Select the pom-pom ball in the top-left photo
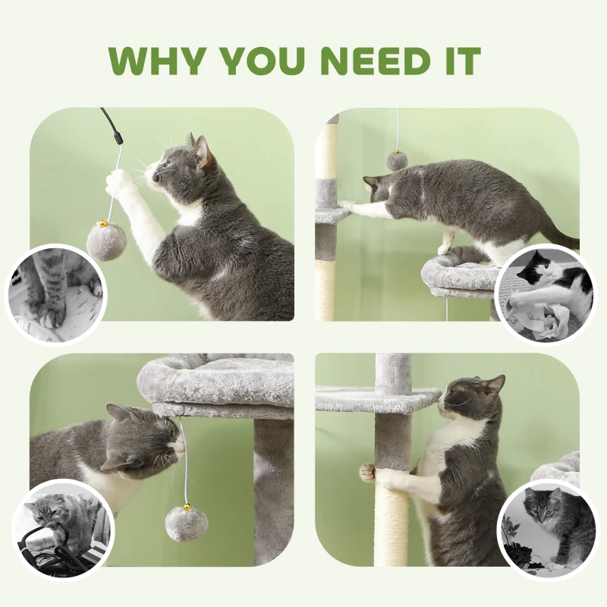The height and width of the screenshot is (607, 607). [105, 241]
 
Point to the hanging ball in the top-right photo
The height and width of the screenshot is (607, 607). [396, 160]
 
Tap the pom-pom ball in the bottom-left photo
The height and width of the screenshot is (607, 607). [186, 524]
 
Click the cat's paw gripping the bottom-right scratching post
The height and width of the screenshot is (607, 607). [369, 473]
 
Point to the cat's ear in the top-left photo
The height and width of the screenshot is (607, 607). [202, 149]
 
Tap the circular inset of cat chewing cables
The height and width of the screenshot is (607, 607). [63, 528]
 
